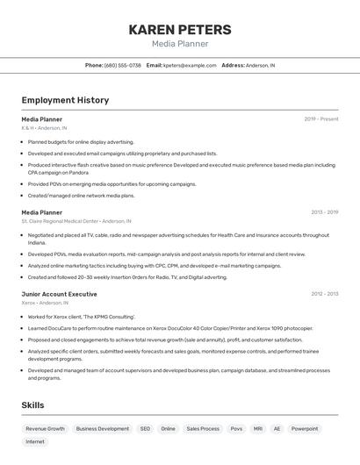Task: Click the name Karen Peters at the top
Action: pyautogui.click(x=180, y=30)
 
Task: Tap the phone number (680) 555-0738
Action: pyautogui.click(x=123, y=65)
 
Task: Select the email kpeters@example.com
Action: pyautogui.click(x=190, y=65)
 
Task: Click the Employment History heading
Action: pyautogui.click(x=65, y=100)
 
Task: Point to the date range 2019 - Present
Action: pyautogui.click(x=321, y=118)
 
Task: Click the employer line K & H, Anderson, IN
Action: pyautogui.click(x=44, y=128)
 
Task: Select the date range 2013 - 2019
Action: pyautogui.click(x=324, y=212)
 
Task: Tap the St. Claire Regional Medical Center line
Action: pyautogui.click(x=76, y=221)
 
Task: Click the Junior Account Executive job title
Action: pyautogui.click(x=59, y=294)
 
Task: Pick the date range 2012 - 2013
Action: pyautogui.click(x=324, y=294)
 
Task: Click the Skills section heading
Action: pyautogui.click(x=32, y=405)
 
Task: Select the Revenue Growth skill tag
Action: pyautogui.click(x=45, y=429)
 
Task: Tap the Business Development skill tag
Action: pyautogui.click(x=102, y=429)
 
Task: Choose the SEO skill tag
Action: pyautogui.click(x=145, y=429)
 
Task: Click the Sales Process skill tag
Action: pyautogui.click(x=203, y=429)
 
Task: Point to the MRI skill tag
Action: pyautogui.click(x=258, y=429)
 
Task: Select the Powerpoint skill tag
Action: pyautogui.click(x=305, y=429)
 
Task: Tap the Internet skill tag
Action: pyautogui.click(x=35, y=442)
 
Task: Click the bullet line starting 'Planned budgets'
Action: pyautogui.click(x=81, y=141)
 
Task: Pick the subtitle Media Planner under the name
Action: pyautogui.click(x=180, y=44)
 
